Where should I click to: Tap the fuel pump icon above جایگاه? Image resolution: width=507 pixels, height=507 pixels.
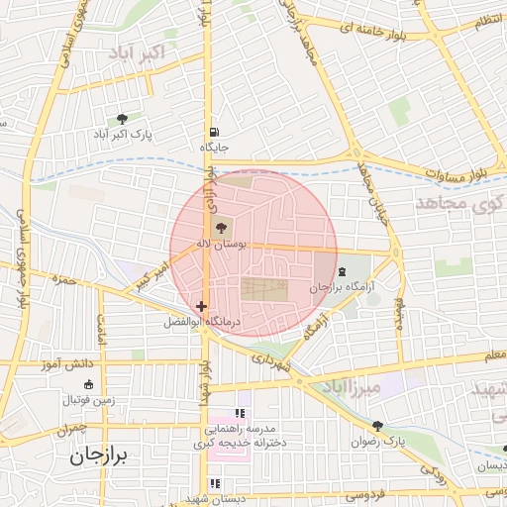coord(213,133)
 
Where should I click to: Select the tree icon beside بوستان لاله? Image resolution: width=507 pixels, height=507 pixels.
coord(219,228)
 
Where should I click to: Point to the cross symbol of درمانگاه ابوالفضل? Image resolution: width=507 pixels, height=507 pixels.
coord(202,307)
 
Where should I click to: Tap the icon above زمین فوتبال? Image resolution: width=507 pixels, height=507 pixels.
coord(89,384)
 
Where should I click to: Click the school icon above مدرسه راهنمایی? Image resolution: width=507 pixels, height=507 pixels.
coord(239,414)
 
